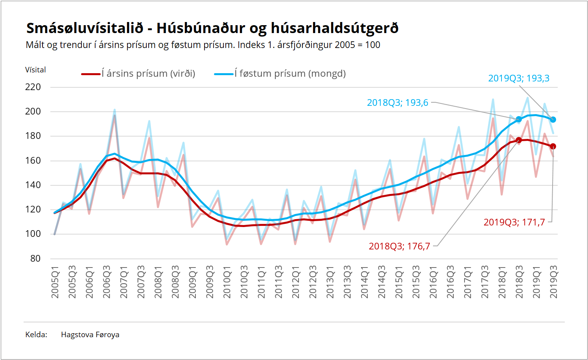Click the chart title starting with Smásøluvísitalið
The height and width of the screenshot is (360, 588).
tap(212, 28)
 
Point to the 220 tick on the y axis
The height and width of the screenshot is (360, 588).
tap(33, 87)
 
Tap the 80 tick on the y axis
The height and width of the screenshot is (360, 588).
tap(35, 258)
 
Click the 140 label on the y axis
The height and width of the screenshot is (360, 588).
tap(33, 185)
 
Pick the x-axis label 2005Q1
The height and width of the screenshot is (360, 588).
tap(55, 282)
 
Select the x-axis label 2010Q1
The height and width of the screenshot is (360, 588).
tap(227, 282)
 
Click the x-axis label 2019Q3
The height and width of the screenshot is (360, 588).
tap(554, 282)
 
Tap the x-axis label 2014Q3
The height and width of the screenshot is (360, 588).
tap(382, 282)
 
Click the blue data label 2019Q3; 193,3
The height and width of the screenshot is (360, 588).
tap(519, 78)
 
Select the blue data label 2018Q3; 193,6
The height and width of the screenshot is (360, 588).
tap(397, 102)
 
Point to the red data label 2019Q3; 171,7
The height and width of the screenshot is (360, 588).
tap(514, 222)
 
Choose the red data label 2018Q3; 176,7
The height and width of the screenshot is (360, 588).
tap(399, 246)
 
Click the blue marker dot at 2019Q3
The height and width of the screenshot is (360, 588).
tap(553, 120)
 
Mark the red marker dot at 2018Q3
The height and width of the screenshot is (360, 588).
tap(519, 140)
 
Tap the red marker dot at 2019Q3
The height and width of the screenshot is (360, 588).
tap(553, 146)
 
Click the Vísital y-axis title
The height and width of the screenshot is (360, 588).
tap(35, 70)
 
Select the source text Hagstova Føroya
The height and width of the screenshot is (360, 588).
tap(90, 334)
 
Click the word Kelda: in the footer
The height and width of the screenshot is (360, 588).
tap(36, 334)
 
